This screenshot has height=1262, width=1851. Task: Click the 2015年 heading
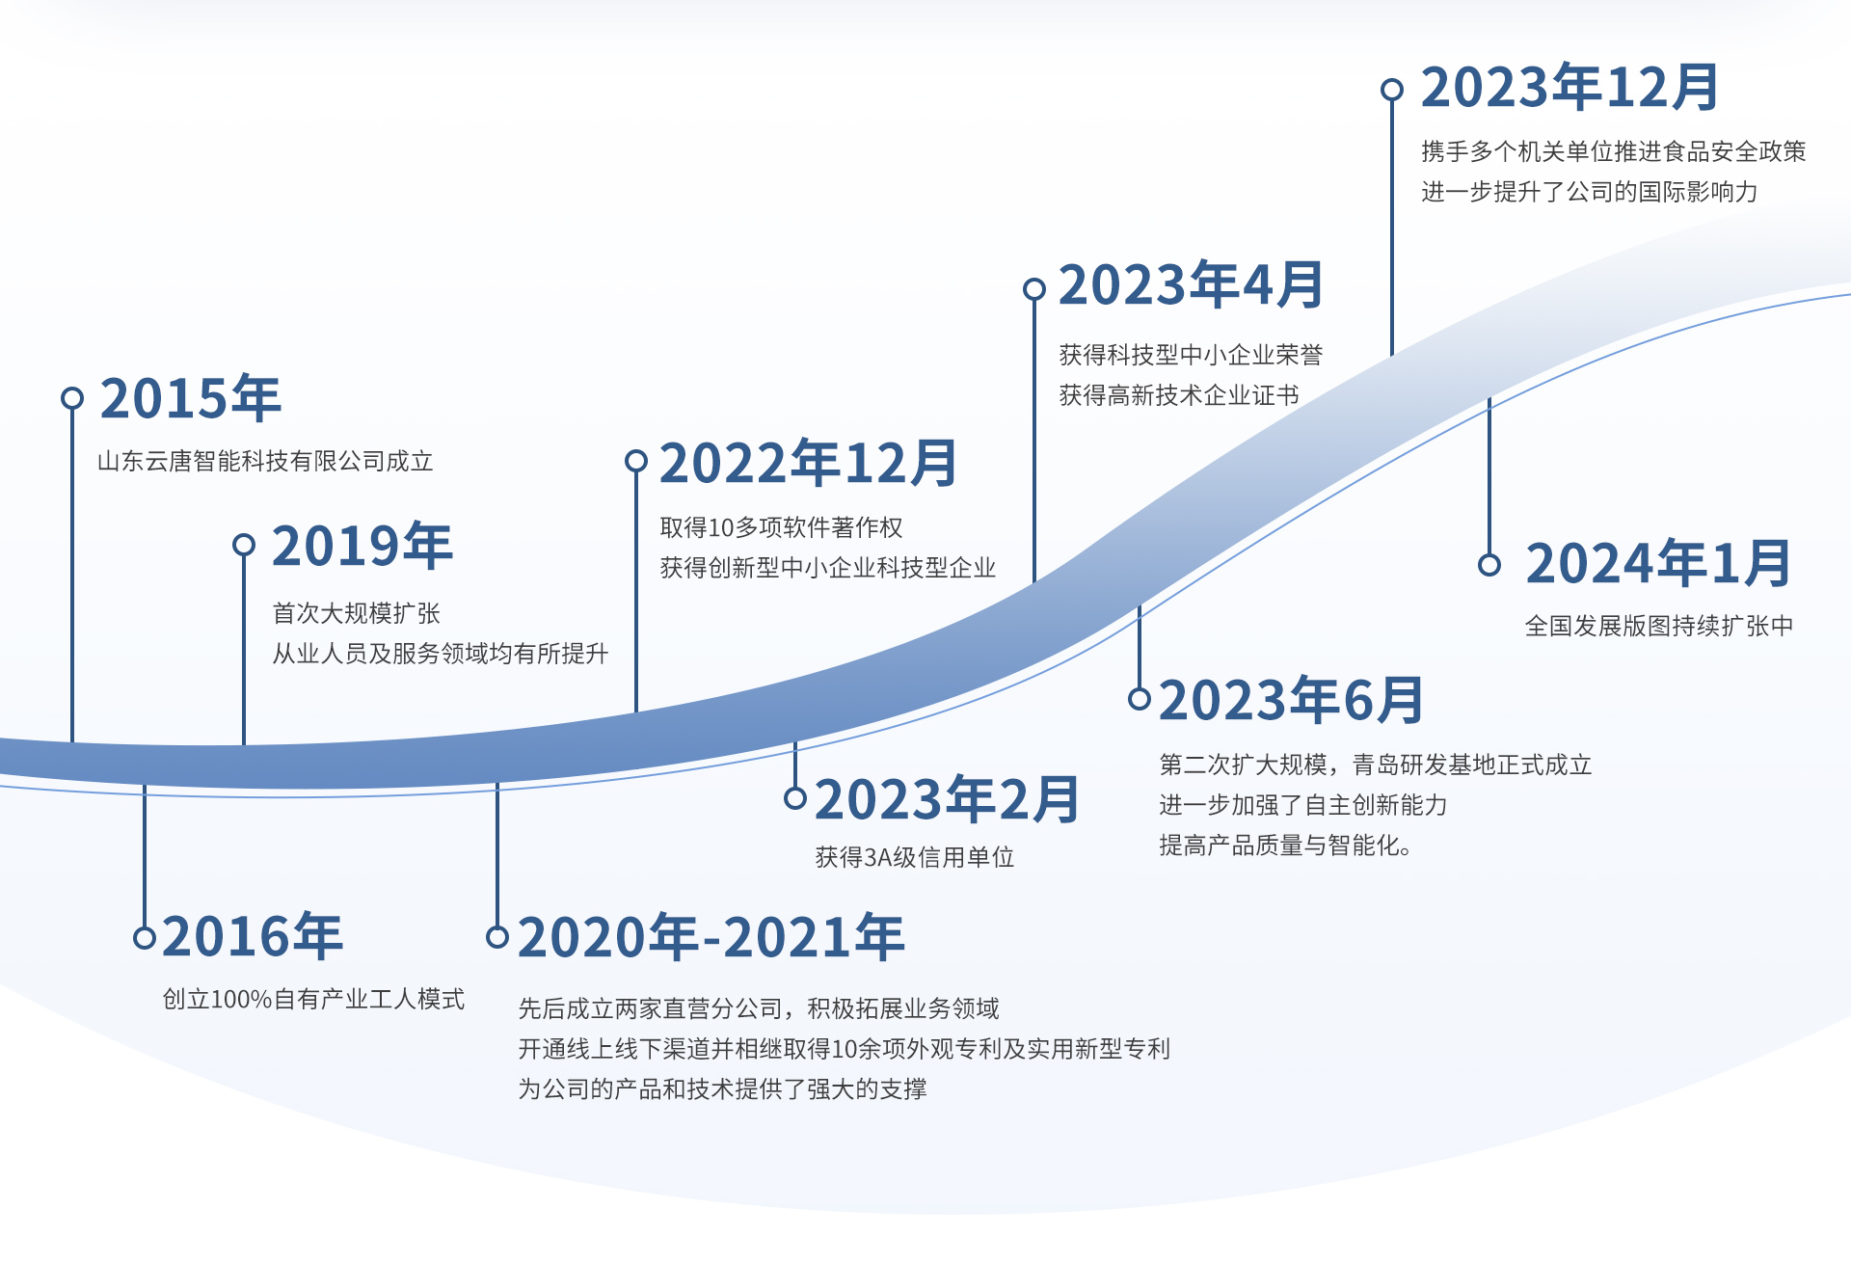pos(190,398)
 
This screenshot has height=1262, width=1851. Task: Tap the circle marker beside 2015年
pos(72,398)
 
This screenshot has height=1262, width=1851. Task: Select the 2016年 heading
pos(253,936)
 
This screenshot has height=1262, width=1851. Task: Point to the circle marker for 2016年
pos(145,937)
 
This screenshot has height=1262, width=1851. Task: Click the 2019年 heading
pos(362,546)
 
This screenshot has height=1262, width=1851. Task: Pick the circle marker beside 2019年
pos(244,546)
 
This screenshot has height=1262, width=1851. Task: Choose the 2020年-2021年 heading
pos(711,937)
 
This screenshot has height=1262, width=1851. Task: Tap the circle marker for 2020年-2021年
pos(497,937)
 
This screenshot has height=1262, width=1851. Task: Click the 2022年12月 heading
pos(808,463)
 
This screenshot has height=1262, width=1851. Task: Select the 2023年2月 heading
pos(947,799)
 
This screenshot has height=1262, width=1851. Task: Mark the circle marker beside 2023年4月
pos(1034,289)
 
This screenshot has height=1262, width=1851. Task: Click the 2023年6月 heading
pos(1291,700)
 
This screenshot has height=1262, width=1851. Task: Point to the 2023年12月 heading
pos(1570,88)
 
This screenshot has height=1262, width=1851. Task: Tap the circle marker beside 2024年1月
pos(1489,565)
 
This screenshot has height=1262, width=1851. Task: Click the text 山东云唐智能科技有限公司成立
pos(265,461)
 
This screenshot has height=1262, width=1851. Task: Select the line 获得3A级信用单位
pos(914,857)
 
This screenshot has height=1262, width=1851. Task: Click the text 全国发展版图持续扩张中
pos(1658,626)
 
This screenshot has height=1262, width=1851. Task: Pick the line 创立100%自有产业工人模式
pos(313,999)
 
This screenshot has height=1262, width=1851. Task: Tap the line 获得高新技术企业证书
pos(1178,395)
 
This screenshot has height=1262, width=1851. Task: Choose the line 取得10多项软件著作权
pos(781,527)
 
